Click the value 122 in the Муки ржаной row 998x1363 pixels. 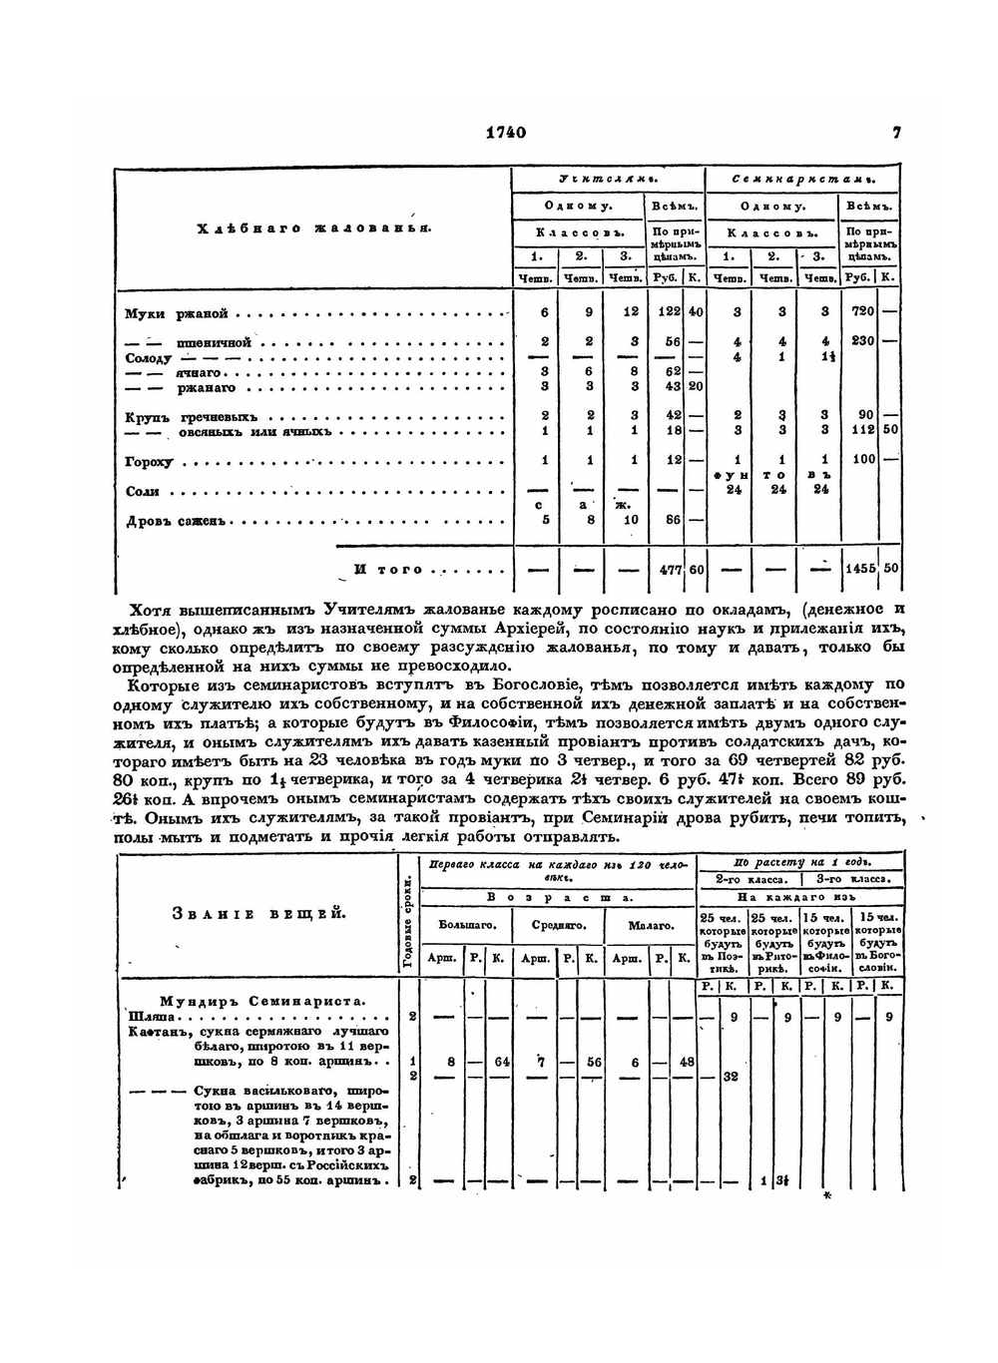pyautogui.click(x=669, y=312)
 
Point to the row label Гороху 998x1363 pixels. pyautogui.click(x=149, y=462)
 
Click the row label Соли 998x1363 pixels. pyautogui.click(x=143, y=492)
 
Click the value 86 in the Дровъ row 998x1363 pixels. pyautogui.click(x=673, y=520)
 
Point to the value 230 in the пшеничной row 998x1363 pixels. pyautogui.click(x=862, y=340)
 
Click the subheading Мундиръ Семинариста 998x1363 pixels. pyautogui.click(x=261, y=1000)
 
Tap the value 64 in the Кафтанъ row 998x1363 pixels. pyautogui.click(x=501, y=1062)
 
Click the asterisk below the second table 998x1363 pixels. pyautogui.click(x=826, y=1195)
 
